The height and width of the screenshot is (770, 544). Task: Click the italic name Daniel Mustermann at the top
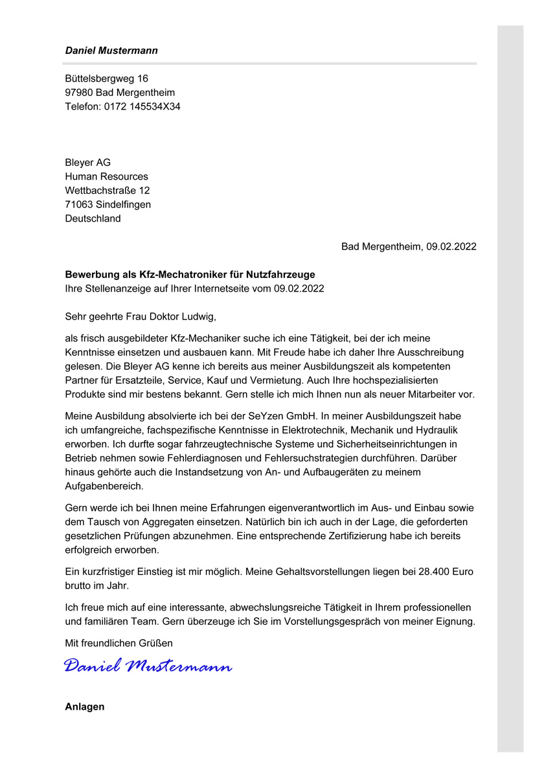click(x=111, y=51)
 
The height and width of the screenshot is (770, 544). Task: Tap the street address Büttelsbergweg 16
click(x=106, y=78)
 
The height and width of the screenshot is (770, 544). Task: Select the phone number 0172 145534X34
click(x=142, y=107)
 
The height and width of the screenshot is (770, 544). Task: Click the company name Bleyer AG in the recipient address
click(x=87, y=163)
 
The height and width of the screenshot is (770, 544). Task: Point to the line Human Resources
click(x=106, y=177)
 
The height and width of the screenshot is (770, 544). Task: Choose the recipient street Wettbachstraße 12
click(x=107, y=191)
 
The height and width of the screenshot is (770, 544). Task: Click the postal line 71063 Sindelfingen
click(x=108, y=205)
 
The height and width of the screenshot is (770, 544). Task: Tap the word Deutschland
click(x=93, y=219)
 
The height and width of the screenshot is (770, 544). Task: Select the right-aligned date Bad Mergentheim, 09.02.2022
click(x=409, y=247)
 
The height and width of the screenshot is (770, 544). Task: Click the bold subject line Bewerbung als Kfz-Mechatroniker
click(x=190, y=275)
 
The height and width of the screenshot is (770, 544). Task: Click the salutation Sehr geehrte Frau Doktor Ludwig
click(x=140, y=317)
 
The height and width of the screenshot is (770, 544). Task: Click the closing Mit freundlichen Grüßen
click(x=119, y=644)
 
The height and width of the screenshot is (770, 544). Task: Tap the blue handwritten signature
click(x=148, y=666)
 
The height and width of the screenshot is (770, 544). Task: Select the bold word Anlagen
click(x=84, y=707)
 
